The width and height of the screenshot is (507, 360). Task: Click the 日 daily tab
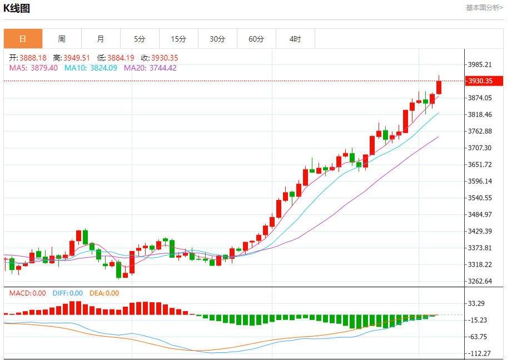point(23,39)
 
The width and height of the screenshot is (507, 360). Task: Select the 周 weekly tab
point(62,39)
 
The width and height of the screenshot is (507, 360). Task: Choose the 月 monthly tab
point(101,39)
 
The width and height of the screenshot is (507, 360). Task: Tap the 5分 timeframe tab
point(140,39)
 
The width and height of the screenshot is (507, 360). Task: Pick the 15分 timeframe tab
point(178,39)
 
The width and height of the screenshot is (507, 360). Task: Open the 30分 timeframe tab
point(217,39)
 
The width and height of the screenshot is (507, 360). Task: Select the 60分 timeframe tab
point(256,39)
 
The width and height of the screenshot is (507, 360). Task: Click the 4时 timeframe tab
point(295,39)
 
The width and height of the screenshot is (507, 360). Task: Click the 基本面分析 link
point(484,7)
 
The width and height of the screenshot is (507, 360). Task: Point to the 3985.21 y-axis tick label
point(480,64)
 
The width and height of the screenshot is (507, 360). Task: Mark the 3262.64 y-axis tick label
point(480,281)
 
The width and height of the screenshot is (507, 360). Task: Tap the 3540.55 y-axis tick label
point(480,198)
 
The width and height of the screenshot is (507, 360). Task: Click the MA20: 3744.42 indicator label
point(150,68)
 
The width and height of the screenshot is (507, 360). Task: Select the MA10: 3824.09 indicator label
point(91,68)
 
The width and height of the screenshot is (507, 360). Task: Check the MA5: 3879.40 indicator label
point(33,68)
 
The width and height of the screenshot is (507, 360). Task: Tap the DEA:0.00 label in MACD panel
point(104,293)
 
